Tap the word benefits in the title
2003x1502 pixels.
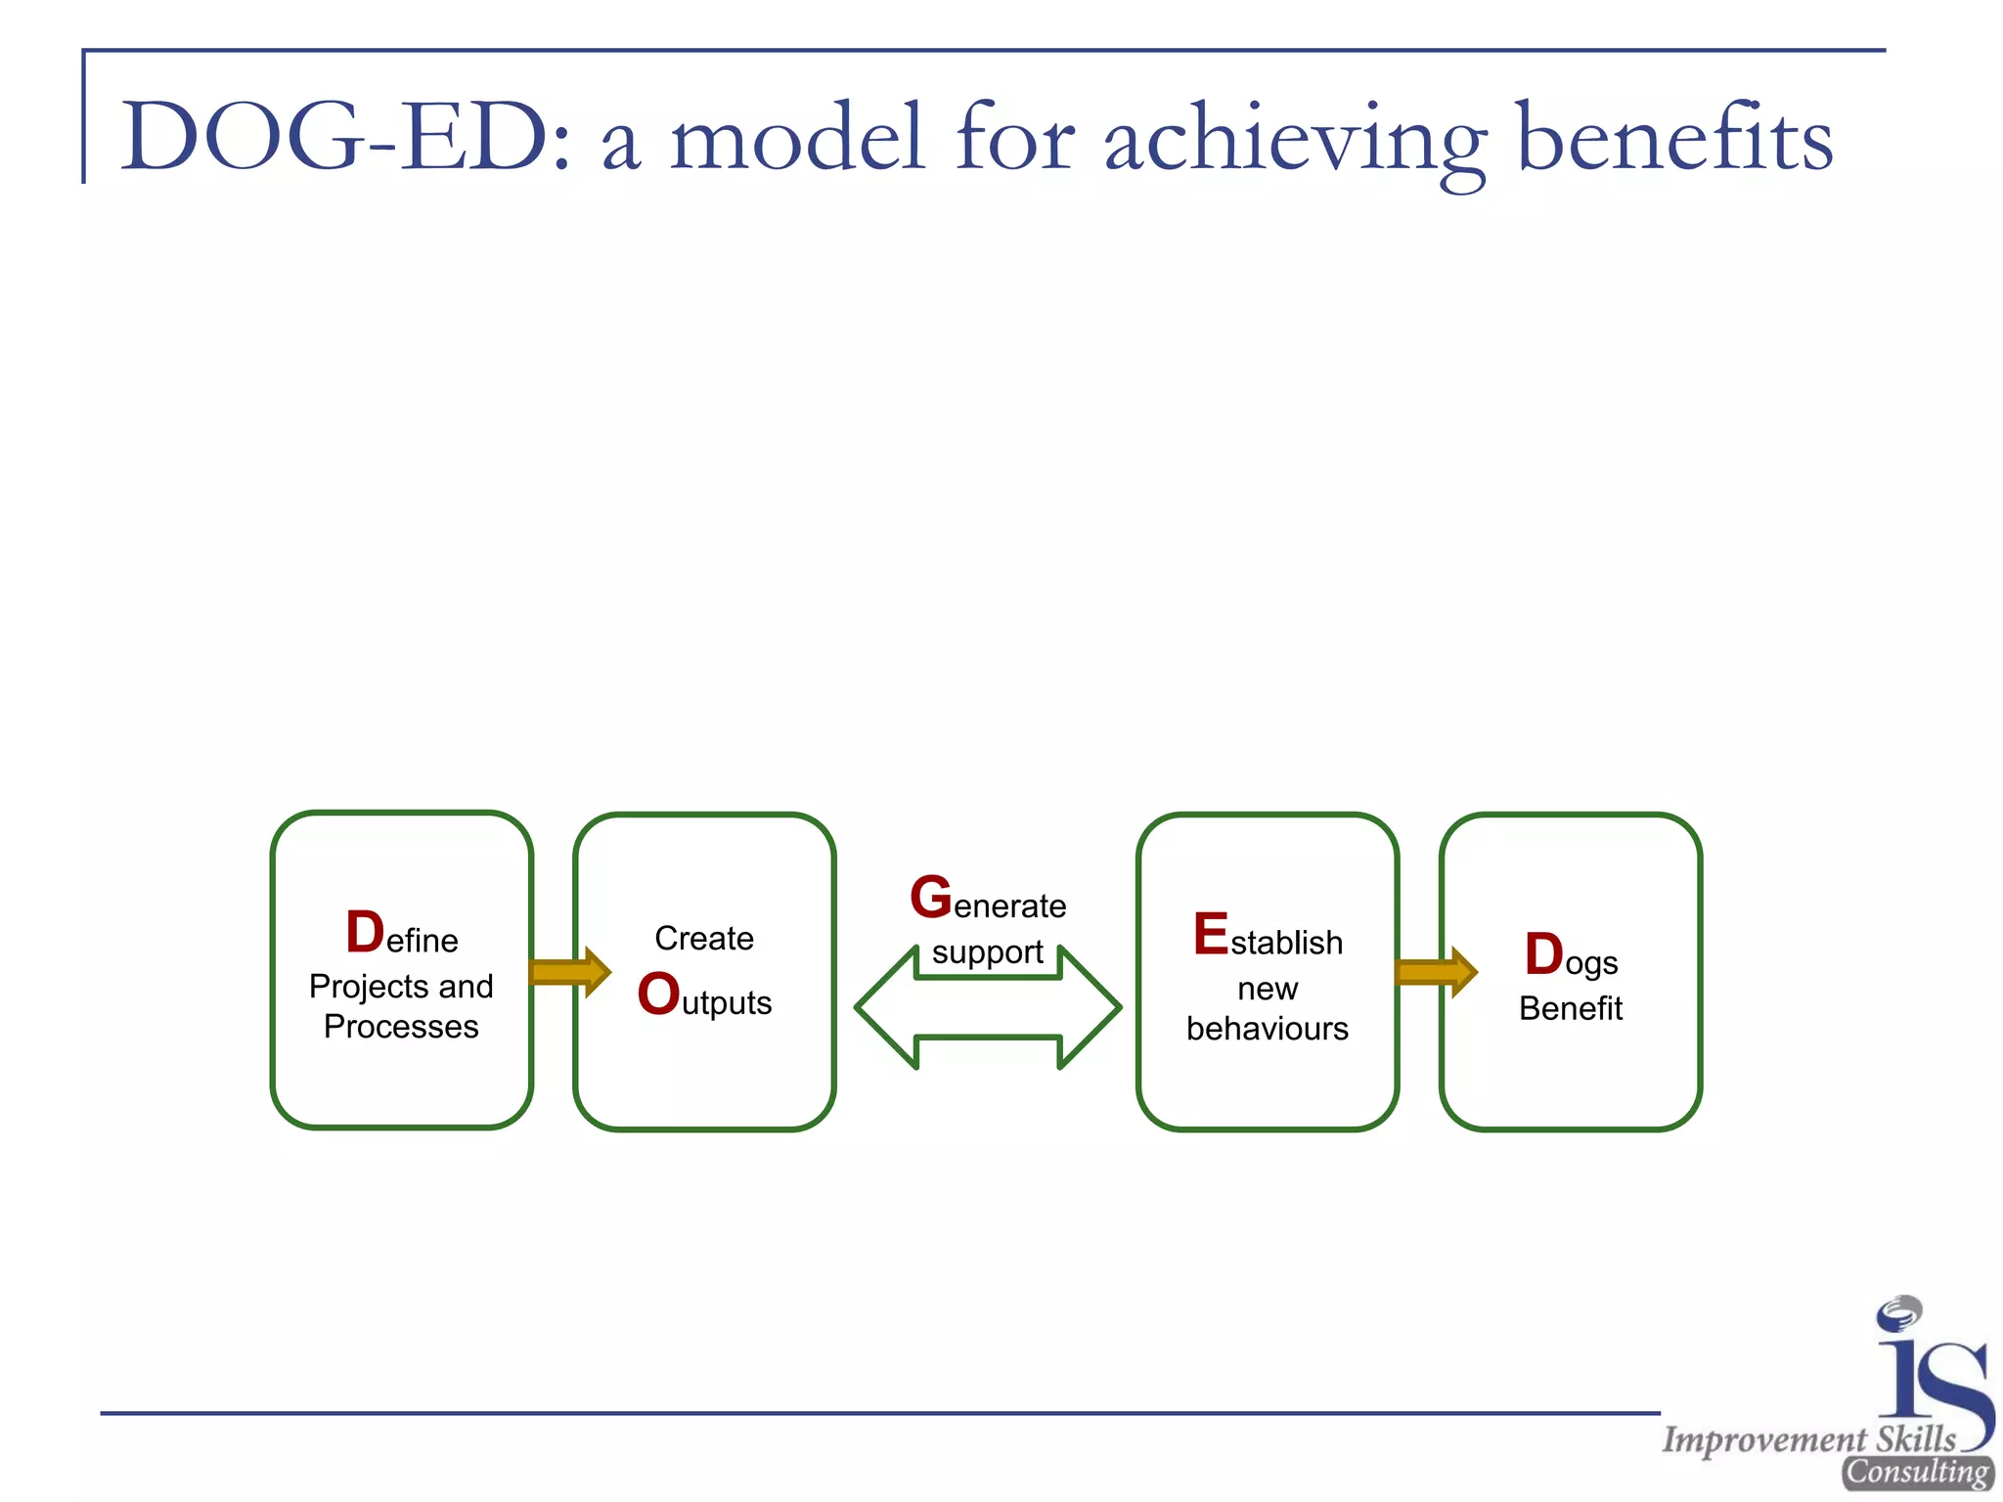point(1674,137)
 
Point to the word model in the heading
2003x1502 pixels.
point(796,137)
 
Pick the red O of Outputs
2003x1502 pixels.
point(658,994)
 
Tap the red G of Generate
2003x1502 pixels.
point(930,897)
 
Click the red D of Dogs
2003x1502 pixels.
point(1544,954)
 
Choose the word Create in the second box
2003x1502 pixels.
point(704,938)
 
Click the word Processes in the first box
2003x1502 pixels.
point(401,1027)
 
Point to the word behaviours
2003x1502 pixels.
point(1267,1029)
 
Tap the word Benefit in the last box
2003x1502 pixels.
point(1571,1008)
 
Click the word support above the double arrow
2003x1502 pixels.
point(987,952)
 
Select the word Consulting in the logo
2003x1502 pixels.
point(1917,1473)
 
